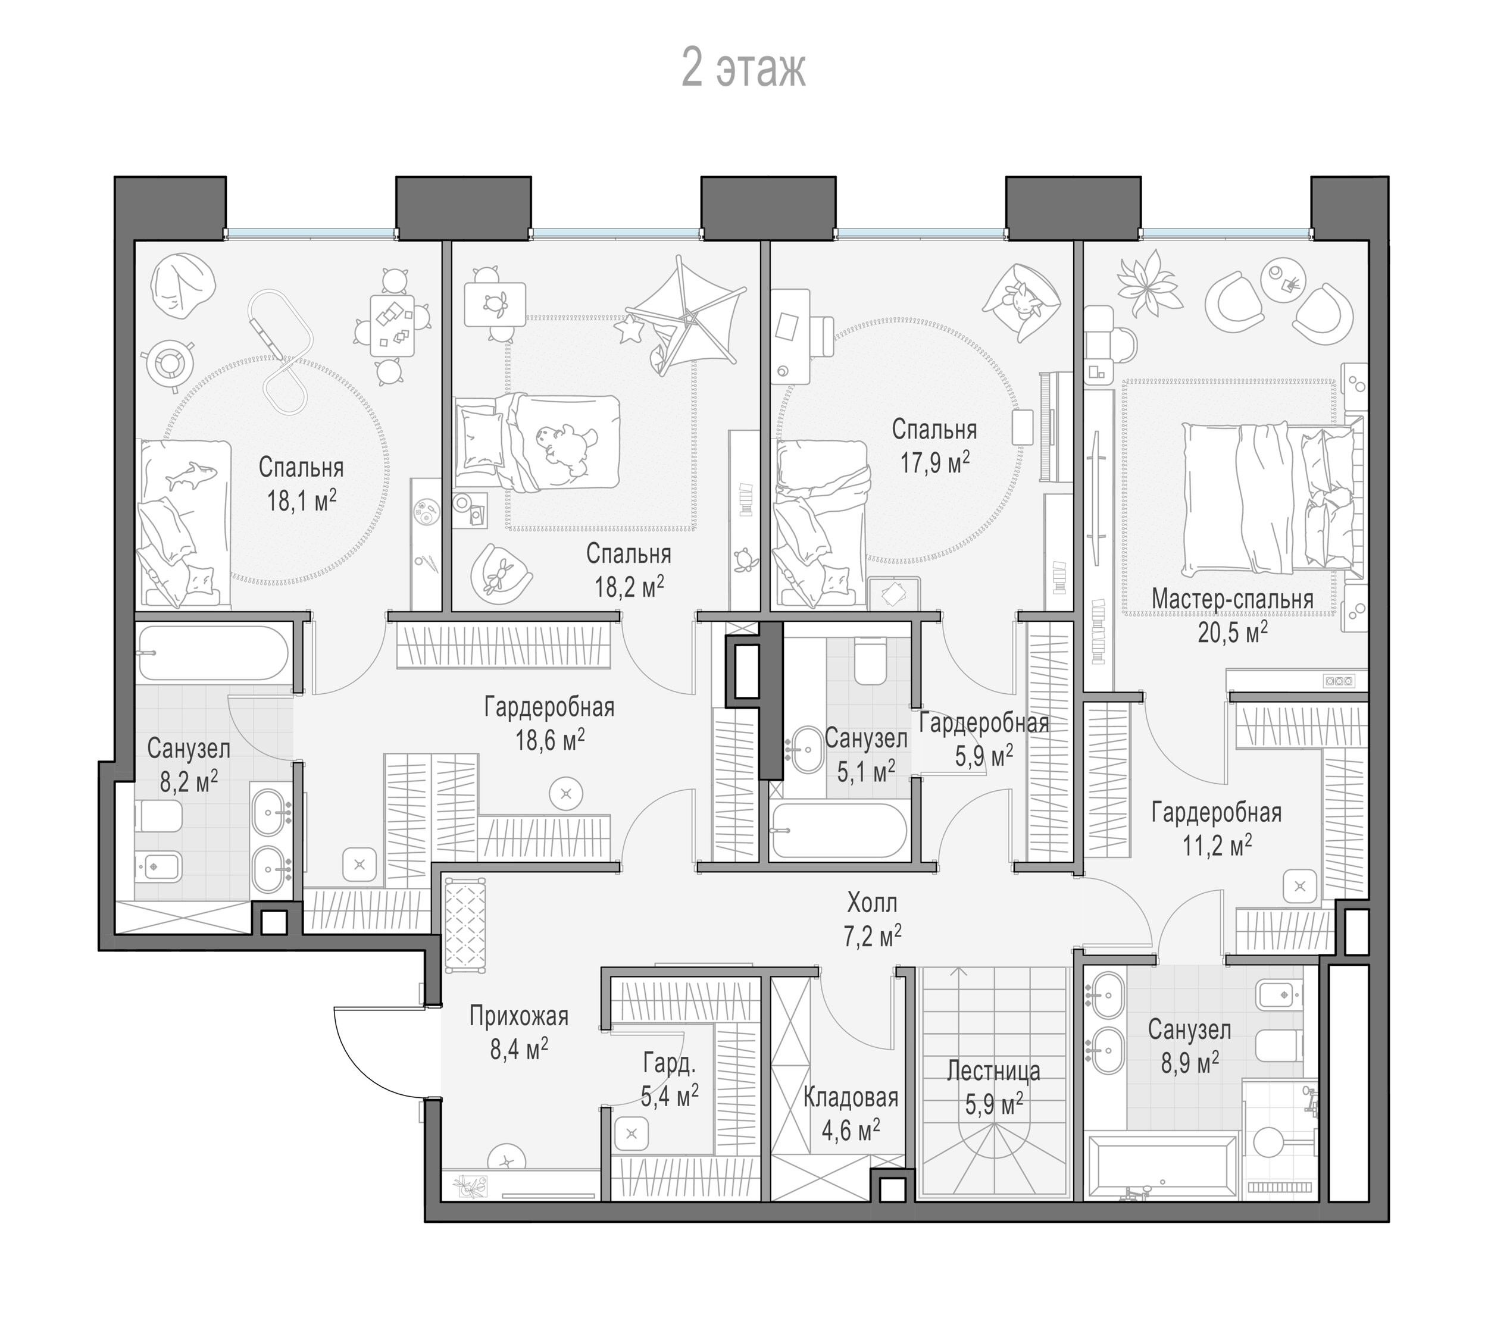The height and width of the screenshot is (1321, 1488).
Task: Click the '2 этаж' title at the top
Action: (x=743, y=70)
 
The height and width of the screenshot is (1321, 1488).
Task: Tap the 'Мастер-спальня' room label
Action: (x=1233, y=599)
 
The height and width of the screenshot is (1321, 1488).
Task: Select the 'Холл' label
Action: (x=872, y=903)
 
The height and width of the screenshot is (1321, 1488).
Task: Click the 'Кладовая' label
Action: (x=851, y=1097)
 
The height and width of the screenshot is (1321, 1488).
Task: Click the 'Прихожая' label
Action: (x=518, y=1016)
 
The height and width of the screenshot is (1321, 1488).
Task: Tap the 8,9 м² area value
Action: (x=1190, y=1063)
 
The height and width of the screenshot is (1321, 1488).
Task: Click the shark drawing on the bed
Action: (x=192, y=475)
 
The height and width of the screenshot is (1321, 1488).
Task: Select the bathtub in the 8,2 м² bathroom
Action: (x=212, y=653)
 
